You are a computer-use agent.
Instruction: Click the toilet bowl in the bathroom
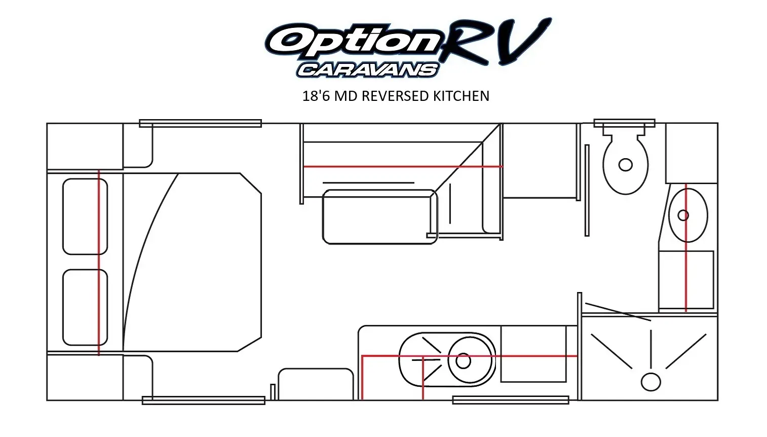coord(626,164)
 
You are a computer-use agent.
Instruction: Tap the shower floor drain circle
coord(650,382)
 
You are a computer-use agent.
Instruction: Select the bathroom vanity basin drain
coord(683,215)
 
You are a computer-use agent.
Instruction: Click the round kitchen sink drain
coord(463,361)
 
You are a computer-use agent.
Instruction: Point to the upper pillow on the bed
coord(85,216)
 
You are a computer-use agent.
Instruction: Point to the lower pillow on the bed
coord(85,307)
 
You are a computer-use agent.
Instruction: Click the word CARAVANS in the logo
coord(367,69)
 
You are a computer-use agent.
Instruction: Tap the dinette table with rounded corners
coord(379,217)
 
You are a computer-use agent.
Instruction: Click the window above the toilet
coord(624,123)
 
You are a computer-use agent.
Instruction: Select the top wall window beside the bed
coord(200,123)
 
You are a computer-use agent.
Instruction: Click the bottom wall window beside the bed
coord(203,400)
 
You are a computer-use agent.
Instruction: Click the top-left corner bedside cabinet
coord(85,146)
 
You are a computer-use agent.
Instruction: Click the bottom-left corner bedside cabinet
coord(85,377)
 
